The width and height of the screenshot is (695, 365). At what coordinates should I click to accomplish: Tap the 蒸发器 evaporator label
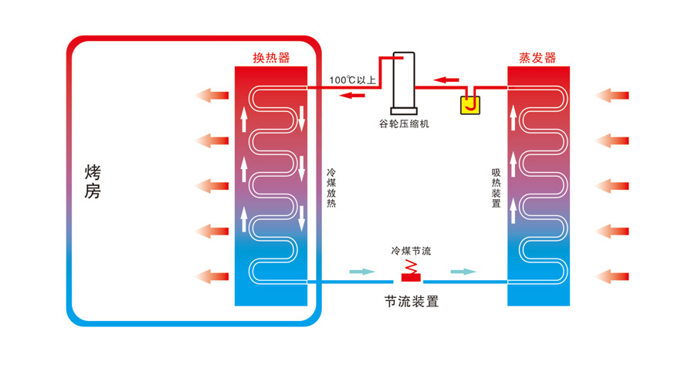pos(537,58)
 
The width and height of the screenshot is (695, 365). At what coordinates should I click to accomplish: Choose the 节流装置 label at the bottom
pos(411,302)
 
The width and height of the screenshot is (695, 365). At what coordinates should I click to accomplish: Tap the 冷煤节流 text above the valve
pos(412,251)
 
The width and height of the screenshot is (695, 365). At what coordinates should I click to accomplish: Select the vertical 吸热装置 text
pos(495,189)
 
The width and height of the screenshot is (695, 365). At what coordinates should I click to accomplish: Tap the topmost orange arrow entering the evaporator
pos(615,95)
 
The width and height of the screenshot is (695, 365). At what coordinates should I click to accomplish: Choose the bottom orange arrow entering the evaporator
pos(615,275)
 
